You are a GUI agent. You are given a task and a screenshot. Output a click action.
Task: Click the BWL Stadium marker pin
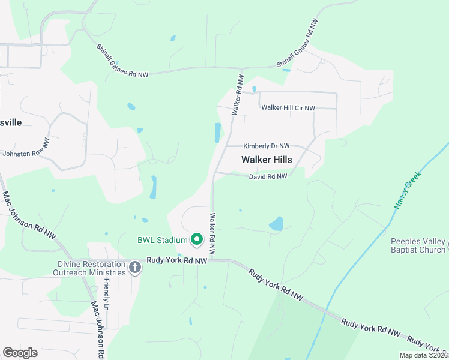point(196,241)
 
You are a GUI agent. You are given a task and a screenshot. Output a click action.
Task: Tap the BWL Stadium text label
point(163,241)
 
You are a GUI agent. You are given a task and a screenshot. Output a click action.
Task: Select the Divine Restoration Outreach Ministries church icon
point(134,268)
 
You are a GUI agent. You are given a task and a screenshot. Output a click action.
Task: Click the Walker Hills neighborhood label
point(267,160)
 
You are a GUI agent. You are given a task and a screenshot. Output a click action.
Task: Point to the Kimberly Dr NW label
point(267,146)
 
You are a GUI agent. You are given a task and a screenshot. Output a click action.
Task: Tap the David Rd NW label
point(268,176)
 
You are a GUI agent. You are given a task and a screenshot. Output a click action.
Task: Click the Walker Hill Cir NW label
point(288,108)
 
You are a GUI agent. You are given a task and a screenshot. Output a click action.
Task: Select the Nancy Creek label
point(408,190)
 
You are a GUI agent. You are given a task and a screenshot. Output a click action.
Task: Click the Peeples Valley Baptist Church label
point(418,245)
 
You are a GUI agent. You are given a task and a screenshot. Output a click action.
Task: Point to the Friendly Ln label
point(107,294)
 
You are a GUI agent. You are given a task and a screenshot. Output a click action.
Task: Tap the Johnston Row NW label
point(26,149)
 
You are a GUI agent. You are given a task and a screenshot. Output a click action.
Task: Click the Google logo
point(20,353)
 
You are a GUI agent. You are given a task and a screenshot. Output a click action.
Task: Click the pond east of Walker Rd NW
point(276,224)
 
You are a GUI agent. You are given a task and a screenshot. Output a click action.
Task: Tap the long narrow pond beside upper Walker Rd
point(217,133)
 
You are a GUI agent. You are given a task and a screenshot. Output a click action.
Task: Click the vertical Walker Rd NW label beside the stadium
point(212,233)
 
